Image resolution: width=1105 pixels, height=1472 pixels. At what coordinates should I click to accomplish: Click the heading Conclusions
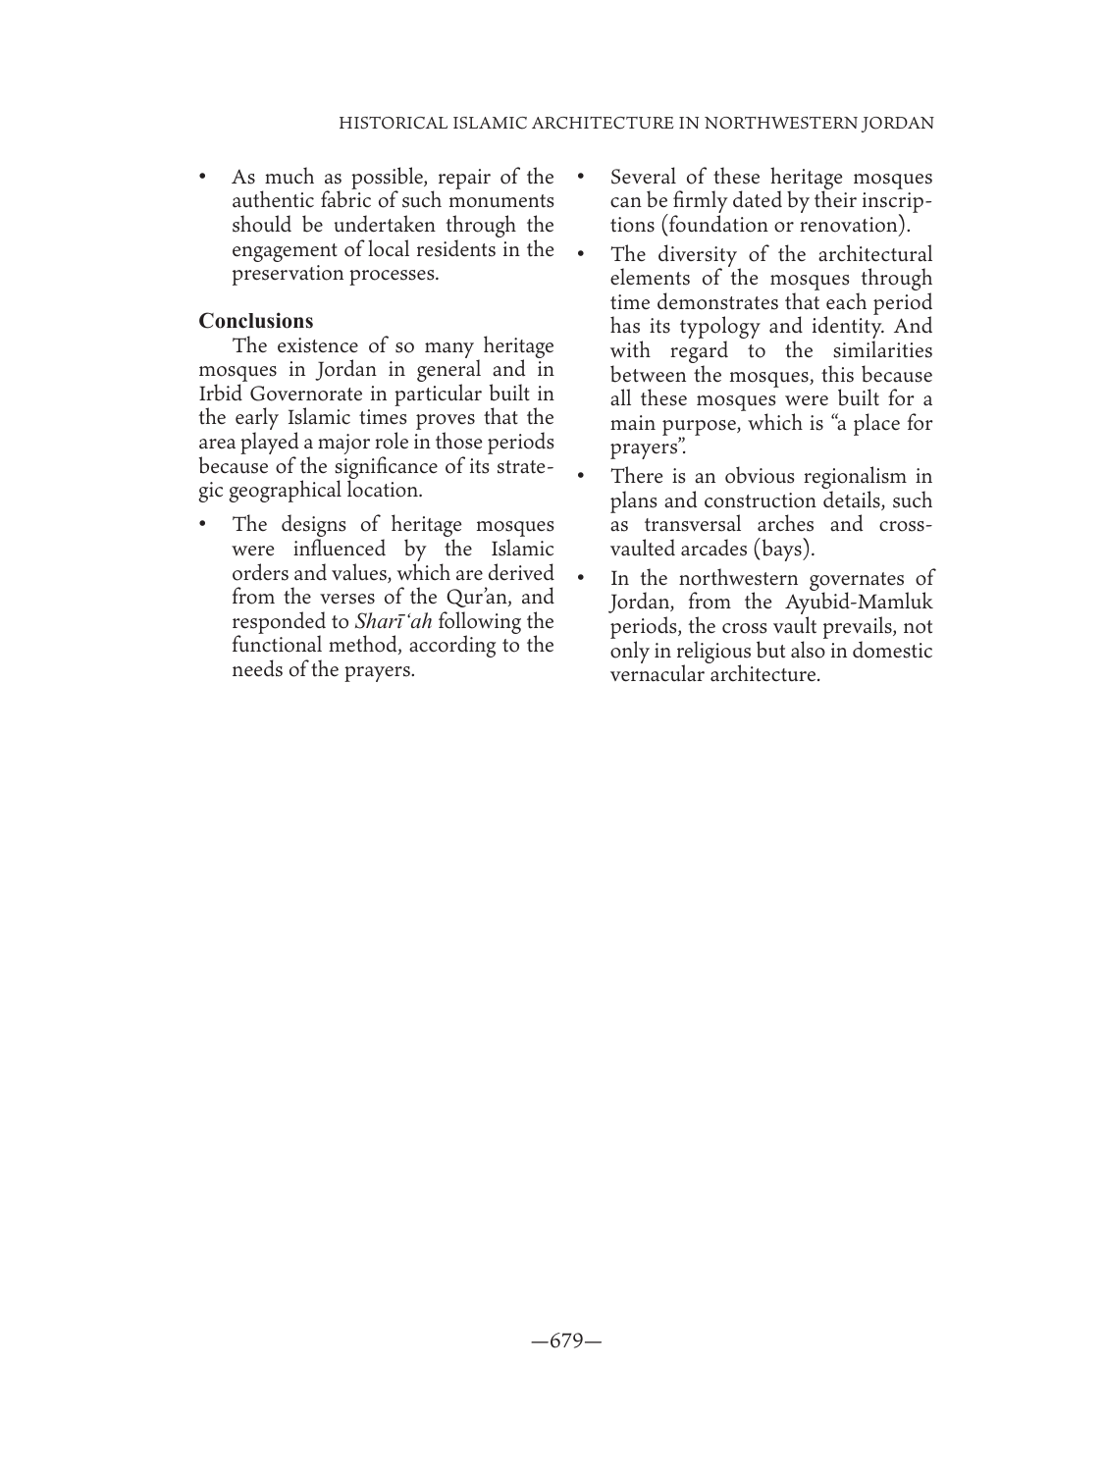[256, 321]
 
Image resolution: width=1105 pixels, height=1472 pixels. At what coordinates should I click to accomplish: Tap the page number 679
[566, 1341]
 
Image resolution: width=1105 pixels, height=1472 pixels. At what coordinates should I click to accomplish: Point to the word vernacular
[655, 675]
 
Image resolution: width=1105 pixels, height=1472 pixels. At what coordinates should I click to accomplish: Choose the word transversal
[699, 525]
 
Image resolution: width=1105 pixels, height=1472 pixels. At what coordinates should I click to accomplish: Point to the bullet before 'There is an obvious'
[582, 477]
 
